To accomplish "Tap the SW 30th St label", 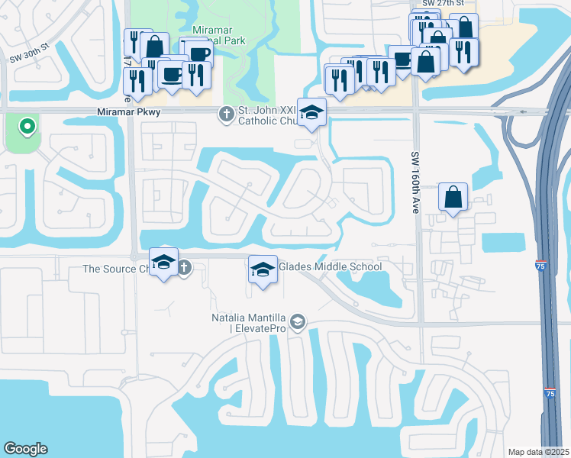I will tap(29, 45).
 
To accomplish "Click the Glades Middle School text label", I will tap(330, 267).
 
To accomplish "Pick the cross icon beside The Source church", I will tap(185, 268).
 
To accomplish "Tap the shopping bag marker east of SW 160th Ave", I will tap(453, 198).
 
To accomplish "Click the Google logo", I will tap(25, 449).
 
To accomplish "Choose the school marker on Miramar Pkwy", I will tap(311, 113).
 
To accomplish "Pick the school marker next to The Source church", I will tap(163, 263).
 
